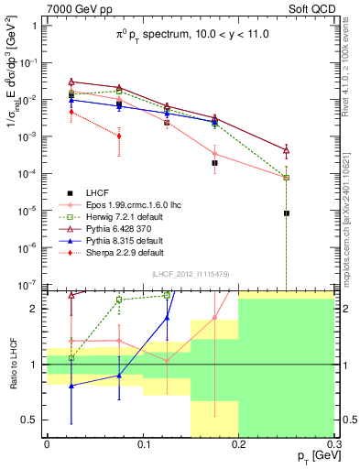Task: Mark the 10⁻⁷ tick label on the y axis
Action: [28, 285]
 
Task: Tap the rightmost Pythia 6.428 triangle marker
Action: [287, 150]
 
